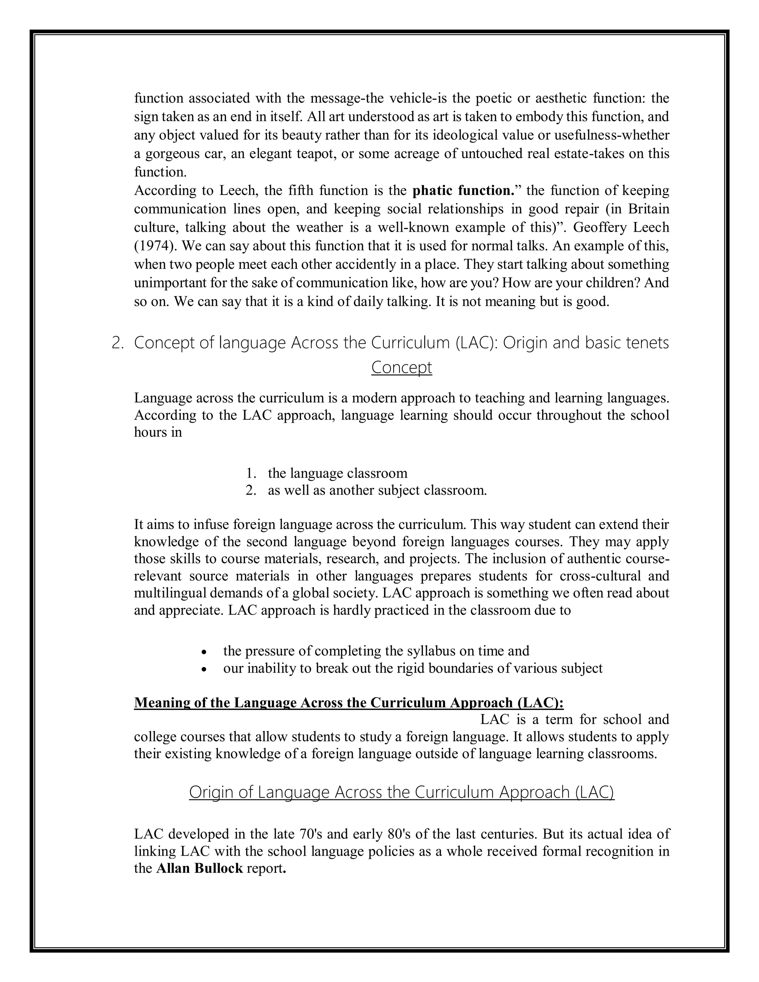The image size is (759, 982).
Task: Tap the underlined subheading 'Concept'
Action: pyautogui.click(x=401, y=367)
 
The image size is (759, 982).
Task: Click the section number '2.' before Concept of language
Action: pyautogui.click(x=117, y=343)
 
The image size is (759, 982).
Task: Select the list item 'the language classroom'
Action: pyautogui.click(x=337, y=473)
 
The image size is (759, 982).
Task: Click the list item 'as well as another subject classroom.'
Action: pyautogui.click(x=377, y=490)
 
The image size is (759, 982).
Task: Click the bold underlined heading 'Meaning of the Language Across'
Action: pyautogui.click(x=348, y=703)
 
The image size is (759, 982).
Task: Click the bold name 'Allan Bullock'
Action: pyautogui.click(x=199, y=868)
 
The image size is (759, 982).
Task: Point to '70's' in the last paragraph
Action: pyautogui.click(x=311, y=834)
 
